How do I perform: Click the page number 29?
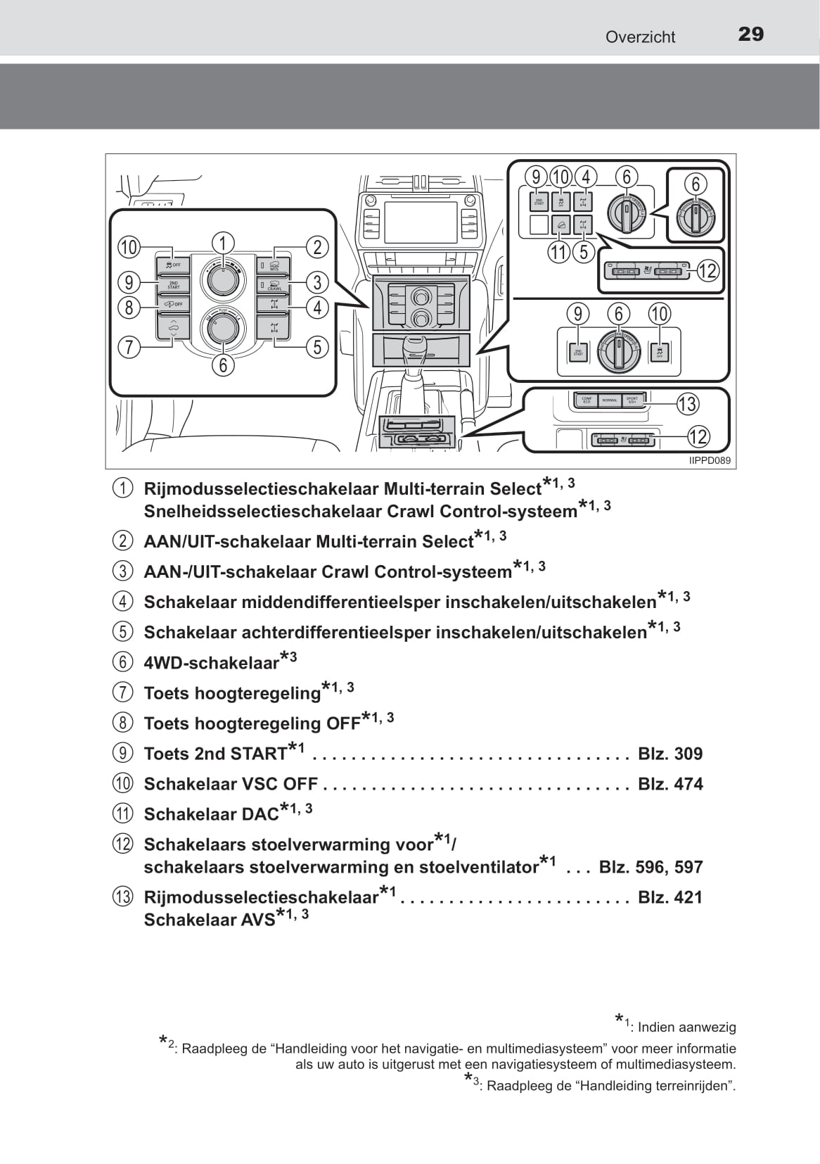750,34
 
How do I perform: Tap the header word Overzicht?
640,37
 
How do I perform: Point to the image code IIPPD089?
709,461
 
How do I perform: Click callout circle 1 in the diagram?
222,243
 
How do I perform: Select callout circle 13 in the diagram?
686,404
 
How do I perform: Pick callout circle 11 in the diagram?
558,252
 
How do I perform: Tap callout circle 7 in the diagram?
129,347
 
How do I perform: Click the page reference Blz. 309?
670,754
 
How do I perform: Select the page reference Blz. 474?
670,784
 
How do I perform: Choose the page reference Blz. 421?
670,897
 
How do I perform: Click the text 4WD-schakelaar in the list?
211,663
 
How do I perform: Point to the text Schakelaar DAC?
211,814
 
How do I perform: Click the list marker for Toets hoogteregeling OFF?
122,723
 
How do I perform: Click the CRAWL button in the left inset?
274,285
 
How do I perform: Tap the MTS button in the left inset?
274,265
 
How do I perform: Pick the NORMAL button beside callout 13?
609,400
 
